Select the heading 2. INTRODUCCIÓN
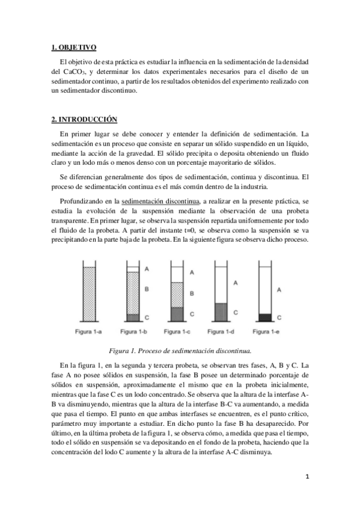point(84,119)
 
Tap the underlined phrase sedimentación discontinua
point(159,199)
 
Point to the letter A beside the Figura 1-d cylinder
point(236,281)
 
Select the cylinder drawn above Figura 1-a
point(88,292)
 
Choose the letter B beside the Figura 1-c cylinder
point(191,293)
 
